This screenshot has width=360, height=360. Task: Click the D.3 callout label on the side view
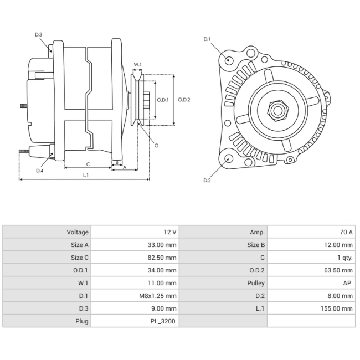click(39, 35)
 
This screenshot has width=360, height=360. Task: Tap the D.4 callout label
click(39, 171)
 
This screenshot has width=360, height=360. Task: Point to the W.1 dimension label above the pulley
click(137, 64)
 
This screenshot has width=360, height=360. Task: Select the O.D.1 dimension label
click(163, 100)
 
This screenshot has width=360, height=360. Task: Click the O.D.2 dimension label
click(184, 100)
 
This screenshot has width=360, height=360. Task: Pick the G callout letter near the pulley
click(156, 145)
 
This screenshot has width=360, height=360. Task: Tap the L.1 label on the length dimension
click(86, 175)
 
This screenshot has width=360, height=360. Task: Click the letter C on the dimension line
click(88, 164)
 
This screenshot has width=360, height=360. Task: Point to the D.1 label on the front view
click(207, 39)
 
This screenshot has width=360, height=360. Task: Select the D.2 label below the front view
click(207, 181)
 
